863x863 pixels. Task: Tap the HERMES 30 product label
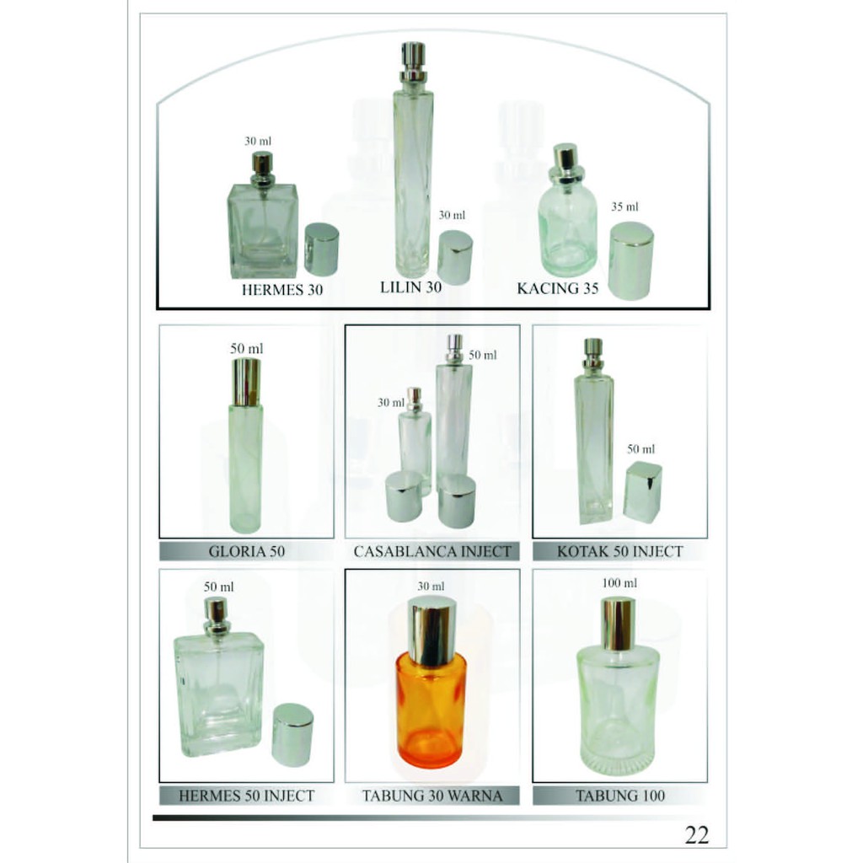[282, 290]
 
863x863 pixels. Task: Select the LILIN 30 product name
[410, 287]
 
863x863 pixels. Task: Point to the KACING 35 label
[558, 288]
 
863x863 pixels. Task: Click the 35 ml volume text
[624, 207]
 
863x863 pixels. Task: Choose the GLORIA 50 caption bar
[247, 551]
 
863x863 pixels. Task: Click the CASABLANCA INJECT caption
[432, 551]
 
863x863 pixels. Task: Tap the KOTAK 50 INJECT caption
[619, 551]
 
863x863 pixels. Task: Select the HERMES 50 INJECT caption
[247, 796]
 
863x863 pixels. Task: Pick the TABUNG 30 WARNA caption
[432, 796]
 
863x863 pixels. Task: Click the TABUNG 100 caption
[619, 796]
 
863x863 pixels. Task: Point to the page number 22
[697, 835]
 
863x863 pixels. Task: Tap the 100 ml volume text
[619, 583]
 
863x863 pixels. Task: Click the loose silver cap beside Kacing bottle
[631, 261]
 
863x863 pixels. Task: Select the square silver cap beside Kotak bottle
[643, 492]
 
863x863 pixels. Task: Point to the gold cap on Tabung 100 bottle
[618, 624]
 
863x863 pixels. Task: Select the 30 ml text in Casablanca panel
[391, 402]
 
